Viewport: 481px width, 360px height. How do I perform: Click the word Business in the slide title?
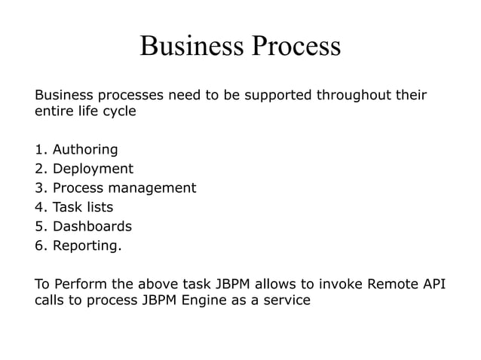click(x=192, y=46)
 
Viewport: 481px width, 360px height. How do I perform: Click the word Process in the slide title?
click(x=296, y=46)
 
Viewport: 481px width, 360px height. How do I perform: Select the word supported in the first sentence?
click(x=277, y=96)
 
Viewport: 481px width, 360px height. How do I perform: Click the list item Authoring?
click(x=85, y=149)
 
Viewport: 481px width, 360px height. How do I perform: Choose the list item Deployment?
click(x=93, y=169)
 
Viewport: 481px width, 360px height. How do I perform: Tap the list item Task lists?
click(x=83, y=207)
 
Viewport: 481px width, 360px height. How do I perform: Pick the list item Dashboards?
click(x=92, y=226)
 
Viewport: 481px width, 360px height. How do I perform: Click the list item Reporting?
click(x=87, y=246)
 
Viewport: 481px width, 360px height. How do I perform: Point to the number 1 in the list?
click(x=39, y=149)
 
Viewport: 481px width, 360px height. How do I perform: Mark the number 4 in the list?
click(x=39, y=207)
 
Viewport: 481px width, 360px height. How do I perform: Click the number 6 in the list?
click(x=39, y=246)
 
